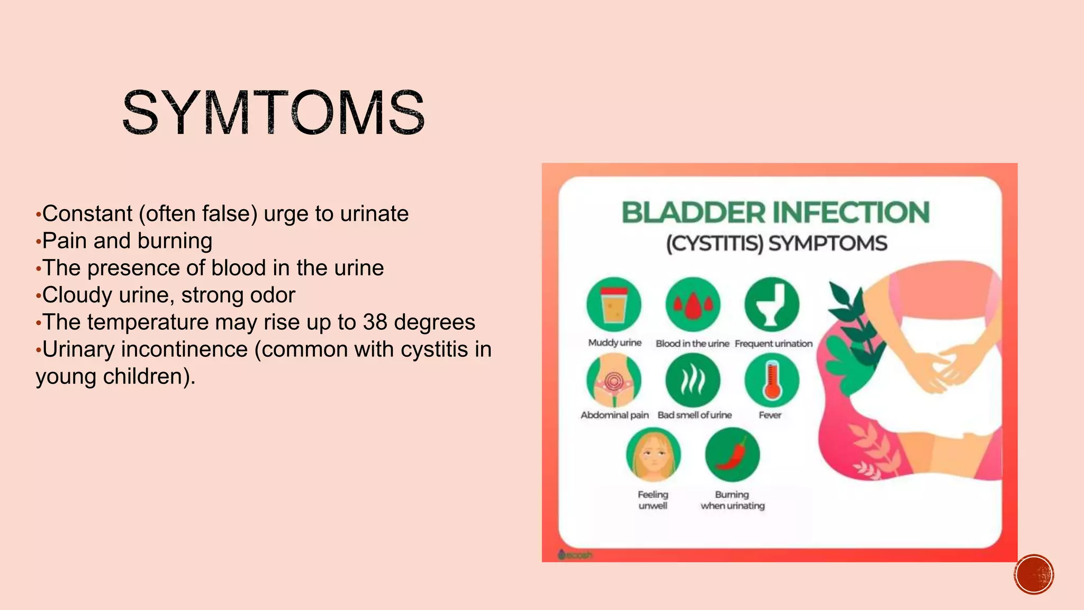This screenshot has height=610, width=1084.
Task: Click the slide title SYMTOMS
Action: [273, 112]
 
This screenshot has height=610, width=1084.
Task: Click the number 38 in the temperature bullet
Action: [374, 322]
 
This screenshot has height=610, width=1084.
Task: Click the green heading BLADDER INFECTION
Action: [775, 213]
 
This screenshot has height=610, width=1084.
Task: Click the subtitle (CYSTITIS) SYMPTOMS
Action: [776, 244]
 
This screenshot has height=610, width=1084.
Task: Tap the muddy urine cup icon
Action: [614, 305]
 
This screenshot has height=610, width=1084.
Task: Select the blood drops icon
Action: [692, 305]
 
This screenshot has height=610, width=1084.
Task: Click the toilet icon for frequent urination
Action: [772, 305]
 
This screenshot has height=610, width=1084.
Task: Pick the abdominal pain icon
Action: [614, 380]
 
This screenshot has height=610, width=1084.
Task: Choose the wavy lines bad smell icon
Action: [692, 380]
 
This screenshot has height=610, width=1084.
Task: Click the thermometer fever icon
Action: [772, 380]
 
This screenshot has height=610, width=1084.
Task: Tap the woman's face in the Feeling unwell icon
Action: [653, 455]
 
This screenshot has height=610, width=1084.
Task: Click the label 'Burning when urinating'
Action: [733, 500]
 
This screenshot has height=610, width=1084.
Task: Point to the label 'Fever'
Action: [770, 415]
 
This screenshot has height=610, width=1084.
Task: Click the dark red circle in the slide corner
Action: [1034, 574]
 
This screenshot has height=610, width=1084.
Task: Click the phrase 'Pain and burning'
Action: [127, 241]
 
